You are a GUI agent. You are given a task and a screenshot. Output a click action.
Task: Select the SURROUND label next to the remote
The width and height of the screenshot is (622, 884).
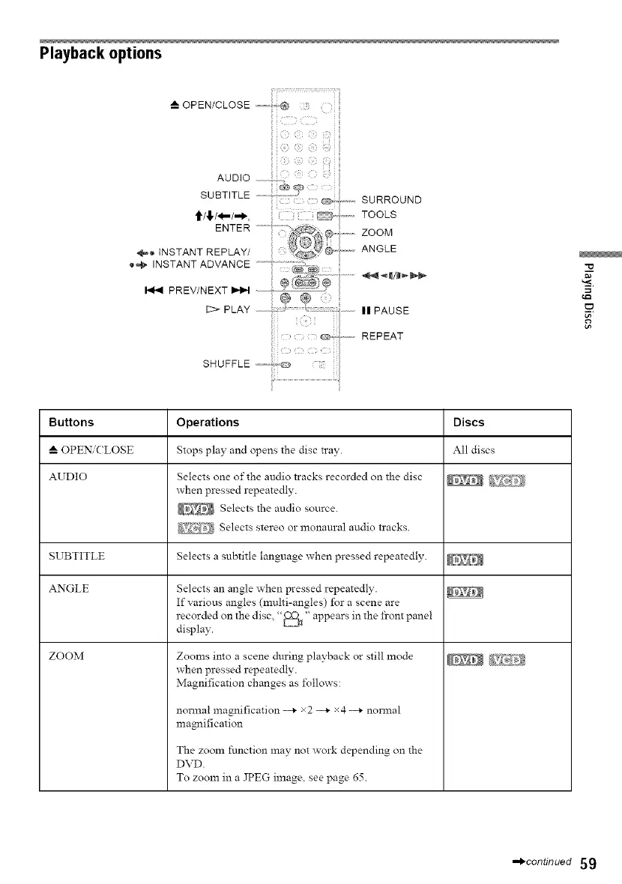click(x=391, y=200)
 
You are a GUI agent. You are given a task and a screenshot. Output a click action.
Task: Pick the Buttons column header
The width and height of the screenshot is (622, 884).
click(x=71, y=423)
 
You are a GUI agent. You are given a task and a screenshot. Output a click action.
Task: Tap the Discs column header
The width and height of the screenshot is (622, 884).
click(x=469, y=423)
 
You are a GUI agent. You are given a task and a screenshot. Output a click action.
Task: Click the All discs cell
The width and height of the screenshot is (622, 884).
click(x=472, y=449)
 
